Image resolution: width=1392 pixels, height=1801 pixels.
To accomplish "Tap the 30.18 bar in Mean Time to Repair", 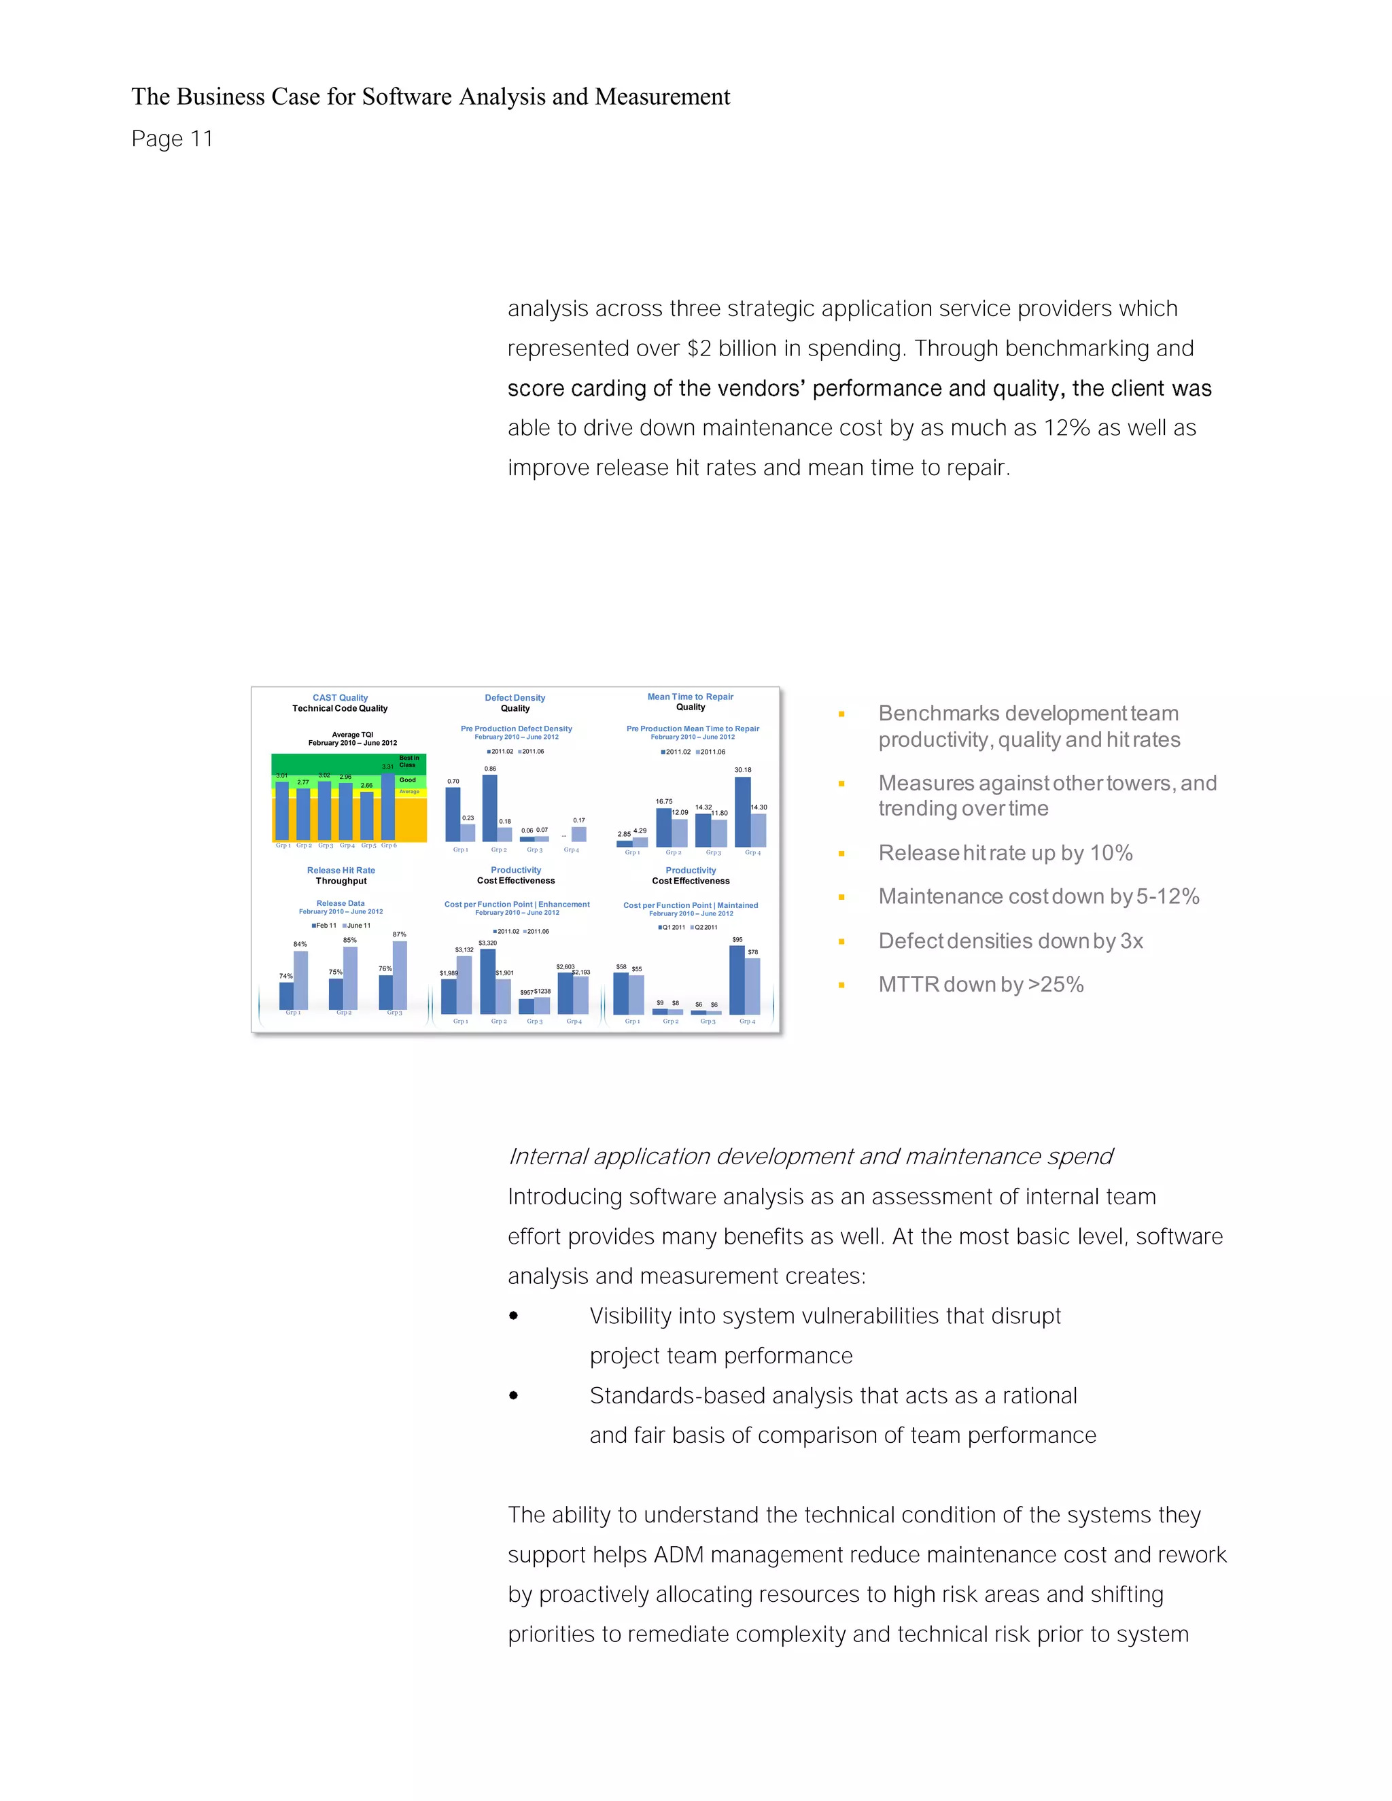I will point(742,811).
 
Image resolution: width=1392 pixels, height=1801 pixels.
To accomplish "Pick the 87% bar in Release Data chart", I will point(400,975).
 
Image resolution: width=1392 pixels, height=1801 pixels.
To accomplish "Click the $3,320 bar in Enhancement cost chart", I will point(487,981).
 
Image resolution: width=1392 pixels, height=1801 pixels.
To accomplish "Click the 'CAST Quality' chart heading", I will point(340,698).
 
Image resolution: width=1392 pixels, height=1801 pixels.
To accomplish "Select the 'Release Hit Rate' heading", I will point(341,870).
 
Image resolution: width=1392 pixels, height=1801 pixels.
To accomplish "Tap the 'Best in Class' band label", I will point(408,761).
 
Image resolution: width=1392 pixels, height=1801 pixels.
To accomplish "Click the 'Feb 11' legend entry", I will point(326,925).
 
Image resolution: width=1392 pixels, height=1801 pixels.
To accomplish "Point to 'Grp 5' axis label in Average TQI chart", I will point(368,845).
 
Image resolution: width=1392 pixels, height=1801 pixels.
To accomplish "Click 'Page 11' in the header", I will point(171,139).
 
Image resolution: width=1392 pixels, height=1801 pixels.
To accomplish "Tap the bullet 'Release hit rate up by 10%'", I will point(1005,853).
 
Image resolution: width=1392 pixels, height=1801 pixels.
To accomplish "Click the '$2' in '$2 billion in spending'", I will point(699,348).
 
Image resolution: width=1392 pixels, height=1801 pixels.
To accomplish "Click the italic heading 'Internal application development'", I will point(810,1156).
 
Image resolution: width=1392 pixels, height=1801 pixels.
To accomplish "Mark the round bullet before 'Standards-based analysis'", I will point(514,1395).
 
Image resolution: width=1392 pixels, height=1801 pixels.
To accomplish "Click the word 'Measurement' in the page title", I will point(662,97).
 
